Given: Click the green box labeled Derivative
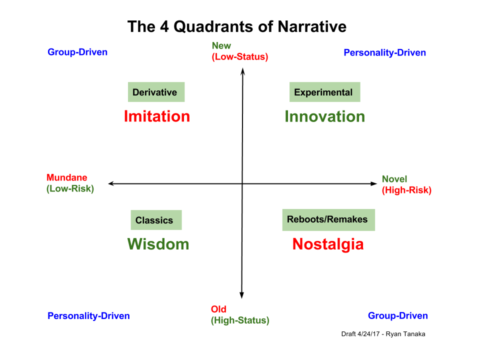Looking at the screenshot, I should tap(156, 92).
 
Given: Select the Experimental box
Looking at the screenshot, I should tap(324, 92).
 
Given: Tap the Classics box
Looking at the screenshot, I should tap(155, 220).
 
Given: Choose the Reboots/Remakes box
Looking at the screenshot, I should tap(328, 219).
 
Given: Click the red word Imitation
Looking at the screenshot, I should tap(156, 116).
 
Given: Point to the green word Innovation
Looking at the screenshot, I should tap(324, 116).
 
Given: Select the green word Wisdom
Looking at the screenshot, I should tap(158, 244).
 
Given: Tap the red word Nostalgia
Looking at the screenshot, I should tap(328, 244).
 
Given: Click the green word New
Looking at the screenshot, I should tap(221, 45).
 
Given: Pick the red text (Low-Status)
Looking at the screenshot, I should tap(240, 56).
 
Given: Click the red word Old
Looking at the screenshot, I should tap(218, 309).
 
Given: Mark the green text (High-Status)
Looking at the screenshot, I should tap(240, 320).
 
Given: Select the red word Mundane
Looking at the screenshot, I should tap(66, 177).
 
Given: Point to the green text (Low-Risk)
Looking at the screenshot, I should tap(70, 188).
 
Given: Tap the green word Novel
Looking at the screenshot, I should tap(394, 179).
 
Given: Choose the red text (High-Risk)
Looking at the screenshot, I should tap(406, 190).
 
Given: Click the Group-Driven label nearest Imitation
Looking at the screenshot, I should tap(77, 52).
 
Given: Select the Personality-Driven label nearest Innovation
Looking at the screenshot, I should tap(384, 52).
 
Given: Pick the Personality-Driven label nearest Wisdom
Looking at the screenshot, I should tap(88, 315).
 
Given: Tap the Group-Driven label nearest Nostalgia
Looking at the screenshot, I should tap(397, 315).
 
